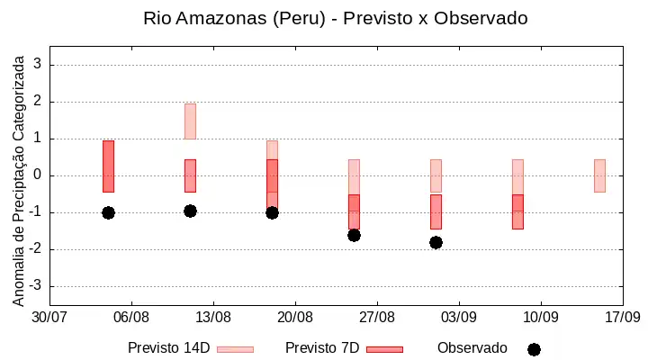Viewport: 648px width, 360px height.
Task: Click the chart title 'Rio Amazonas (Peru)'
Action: [234, 19]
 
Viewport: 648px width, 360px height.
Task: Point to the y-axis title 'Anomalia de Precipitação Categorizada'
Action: [18, 181]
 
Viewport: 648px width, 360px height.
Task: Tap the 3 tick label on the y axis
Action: [38, 64]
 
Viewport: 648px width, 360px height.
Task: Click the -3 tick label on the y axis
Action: [35, 285]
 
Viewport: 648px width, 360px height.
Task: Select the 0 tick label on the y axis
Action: [38, 175]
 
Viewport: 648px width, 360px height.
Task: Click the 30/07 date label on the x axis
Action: [49, 318]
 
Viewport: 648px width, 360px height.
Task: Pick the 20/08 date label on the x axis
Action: [295, 318]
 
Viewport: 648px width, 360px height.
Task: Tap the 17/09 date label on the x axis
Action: [623, 318]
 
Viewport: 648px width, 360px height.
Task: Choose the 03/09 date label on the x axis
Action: [459, 318]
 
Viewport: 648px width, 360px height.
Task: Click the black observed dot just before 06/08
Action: [108, 213]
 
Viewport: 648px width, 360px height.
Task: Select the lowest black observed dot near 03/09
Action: [436, 243]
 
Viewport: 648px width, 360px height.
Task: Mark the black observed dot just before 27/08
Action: [355, 236]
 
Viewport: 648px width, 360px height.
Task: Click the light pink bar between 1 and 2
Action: [190, 121]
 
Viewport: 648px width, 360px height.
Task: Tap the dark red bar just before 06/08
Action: [108, 166]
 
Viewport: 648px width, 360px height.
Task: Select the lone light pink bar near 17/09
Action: [599, 175]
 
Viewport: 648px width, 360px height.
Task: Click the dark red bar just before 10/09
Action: [517, 211]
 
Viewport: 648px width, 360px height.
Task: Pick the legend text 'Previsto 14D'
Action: [169, 348]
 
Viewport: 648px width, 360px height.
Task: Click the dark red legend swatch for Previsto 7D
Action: [385, 350]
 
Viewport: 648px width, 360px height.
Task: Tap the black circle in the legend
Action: [534, 350]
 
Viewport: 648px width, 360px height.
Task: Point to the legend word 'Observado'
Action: [472, 348]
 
